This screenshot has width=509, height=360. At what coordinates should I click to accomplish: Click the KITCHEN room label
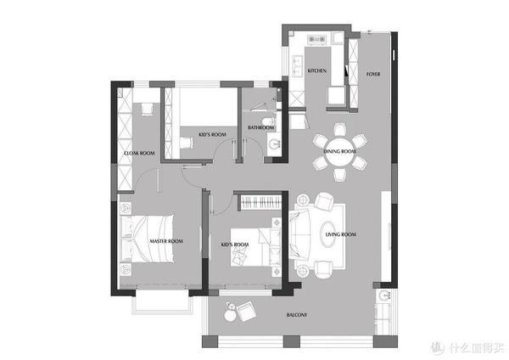316,70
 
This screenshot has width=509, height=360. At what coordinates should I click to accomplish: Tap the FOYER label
373,74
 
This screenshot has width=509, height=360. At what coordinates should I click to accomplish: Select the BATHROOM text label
261,127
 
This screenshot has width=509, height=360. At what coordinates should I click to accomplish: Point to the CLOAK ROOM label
139,153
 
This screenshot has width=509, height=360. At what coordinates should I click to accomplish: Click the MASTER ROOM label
166,241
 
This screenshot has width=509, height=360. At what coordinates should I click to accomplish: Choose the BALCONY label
297,315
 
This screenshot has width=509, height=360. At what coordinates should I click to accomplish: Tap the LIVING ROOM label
340,234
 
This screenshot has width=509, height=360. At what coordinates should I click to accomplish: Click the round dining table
340,152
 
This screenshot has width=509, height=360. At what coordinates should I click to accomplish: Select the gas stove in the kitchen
316,39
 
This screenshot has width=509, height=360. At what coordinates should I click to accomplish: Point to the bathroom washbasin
275,144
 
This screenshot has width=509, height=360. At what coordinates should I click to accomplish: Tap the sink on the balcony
385,295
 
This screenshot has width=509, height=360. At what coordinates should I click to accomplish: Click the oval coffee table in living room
327,234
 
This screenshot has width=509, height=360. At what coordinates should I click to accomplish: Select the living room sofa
299,233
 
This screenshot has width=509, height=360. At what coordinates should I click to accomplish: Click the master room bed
147,238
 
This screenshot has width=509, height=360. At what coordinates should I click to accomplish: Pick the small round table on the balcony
230,315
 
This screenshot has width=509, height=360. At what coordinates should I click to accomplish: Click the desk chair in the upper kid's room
187,143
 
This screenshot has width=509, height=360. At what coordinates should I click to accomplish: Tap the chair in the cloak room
147,110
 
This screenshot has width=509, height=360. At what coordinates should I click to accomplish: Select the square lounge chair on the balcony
247,311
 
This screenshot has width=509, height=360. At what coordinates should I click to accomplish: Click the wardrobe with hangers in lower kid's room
260,203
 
